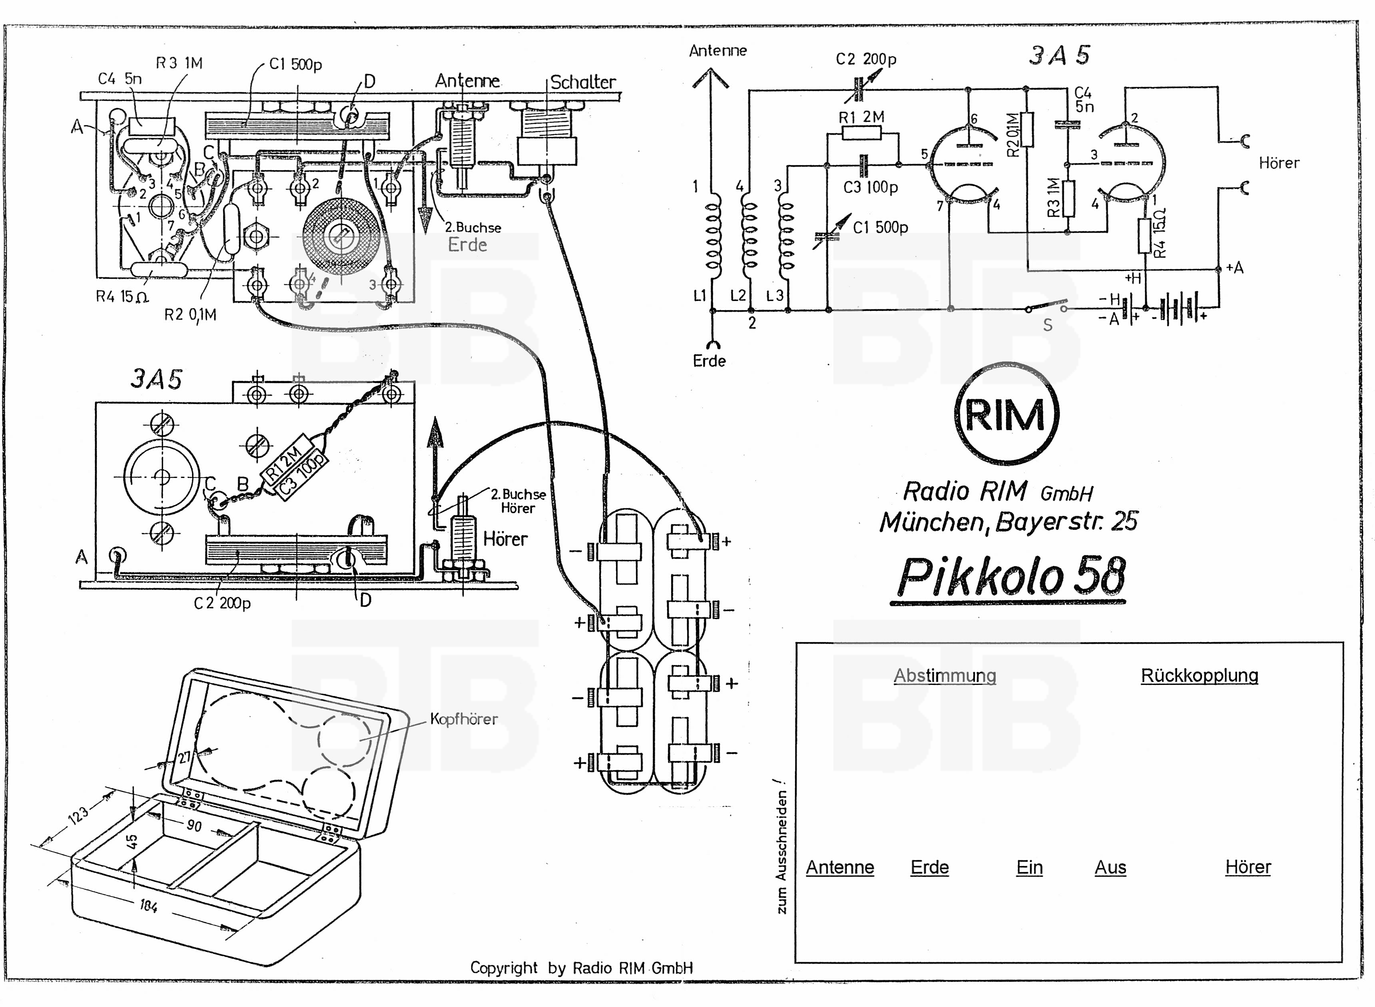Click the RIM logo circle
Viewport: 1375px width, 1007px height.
click(1006, 414)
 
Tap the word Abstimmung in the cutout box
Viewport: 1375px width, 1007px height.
click(945, 675)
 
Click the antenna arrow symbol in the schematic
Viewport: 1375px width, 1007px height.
click(710, 79)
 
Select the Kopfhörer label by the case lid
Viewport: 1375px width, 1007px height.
click(463, 719)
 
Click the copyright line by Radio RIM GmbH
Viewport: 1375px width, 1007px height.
click(581, 967)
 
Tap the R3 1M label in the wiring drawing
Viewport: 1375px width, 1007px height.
click(179, 63)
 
